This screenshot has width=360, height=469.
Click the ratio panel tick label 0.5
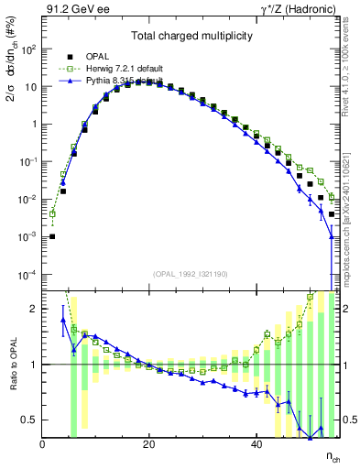coord(29,420)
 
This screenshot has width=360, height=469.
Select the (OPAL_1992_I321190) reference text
coord(191,273)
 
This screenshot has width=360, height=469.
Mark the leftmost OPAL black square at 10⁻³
coord(52,236)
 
